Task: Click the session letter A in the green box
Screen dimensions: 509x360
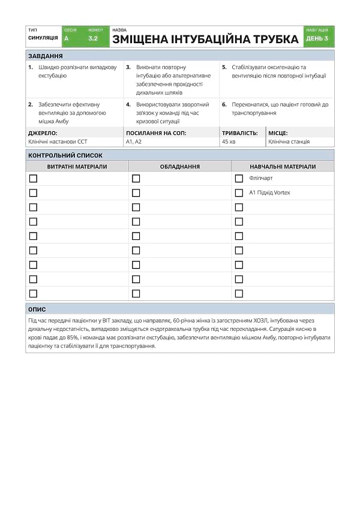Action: [66, 38]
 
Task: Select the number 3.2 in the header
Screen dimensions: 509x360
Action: [93, 38]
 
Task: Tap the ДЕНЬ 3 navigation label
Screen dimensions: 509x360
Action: [317, 38]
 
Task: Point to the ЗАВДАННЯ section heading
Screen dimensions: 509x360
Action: [46, 56]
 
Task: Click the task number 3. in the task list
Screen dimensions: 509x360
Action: [128, 68]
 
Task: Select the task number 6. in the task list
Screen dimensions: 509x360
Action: [224, 104]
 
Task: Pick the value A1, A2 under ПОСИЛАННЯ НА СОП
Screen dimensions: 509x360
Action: [134, 142]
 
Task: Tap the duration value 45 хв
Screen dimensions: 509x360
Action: [229, 142]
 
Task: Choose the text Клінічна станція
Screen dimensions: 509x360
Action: [289, 142]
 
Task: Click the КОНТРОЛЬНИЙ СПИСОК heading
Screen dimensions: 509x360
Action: [65, 155]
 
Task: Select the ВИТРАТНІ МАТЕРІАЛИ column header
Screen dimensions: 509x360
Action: [77, 167]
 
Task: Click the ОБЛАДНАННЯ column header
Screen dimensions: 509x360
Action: [180, 167]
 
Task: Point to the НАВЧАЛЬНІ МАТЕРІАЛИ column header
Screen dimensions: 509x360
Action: [283, 167]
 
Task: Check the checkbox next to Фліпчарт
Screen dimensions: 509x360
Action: [239, 179]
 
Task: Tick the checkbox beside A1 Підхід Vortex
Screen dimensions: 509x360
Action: [239, 193]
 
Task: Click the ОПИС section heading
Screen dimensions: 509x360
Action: [37, 309]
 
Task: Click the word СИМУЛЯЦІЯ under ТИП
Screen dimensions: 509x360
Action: [43, 38]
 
